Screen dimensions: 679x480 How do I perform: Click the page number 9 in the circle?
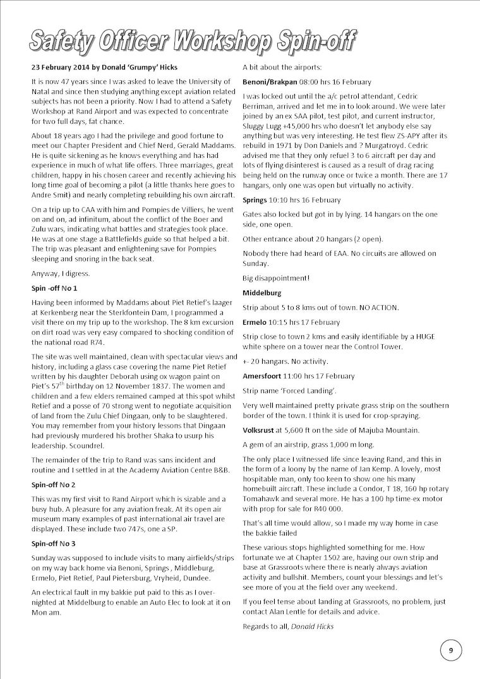[451, 650]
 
